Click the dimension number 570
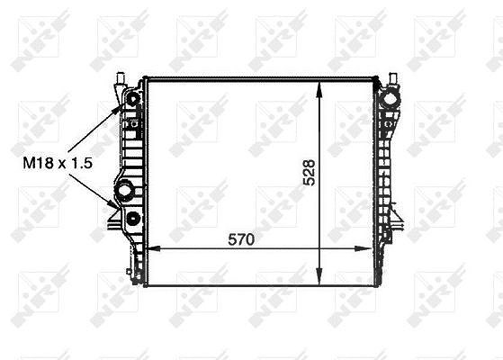(x=241, y=239)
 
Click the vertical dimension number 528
(x=310, y=172)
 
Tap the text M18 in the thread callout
(x=38, y=163)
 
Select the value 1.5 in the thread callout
(x=82, y=163)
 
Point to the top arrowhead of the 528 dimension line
(x=319, y=89)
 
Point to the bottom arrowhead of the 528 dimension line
(x=319, y=276)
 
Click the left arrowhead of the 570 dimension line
(x=153, y=248)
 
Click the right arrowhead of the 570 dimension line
(x=364, y=248)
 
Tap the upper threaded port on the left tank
(x=133, y=99)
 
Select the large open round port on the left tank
(x=124, y=191)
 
